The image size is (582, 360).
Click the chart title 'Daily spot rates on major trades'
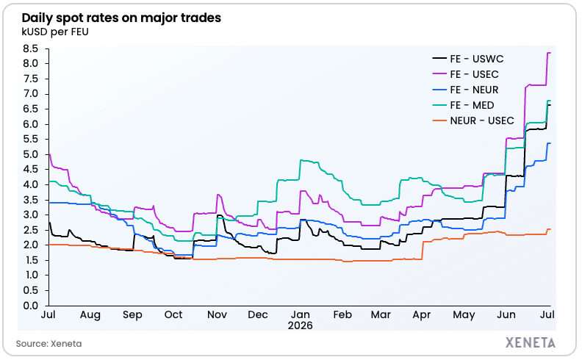[x=121, y=18]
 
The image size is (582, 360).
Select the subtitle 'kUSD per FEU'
[x=55, y=32]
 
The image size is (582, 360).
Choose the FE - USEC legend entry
[x=465, y=74]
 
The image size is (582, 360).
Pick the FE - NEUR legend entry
[x=465, y=90]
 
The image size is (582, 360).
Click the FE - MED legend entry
[x=463, y=105]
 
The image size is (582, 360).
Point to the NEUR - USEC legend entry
[x=473, y=121]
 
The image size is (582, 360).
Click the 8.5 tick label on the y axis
[x=30, y=48]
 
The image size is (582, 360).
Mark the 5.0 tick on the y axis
[x=30, y=154]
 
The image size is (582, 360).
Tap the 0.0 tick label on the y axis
[x=30, y=306]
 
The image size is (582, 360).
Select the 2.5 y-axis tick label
[x=30, y=230]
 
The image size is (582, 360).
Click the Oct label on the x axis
[x=173, y=314]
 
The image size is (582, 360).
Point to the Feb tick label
[x=342, y=314]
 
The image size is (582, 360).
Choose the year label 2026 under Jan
[x=301, y=326]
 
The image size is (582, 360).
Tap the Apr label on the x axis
[x=422, y=315]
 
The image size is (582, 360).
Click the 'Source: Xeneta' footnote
[x=48, y=344]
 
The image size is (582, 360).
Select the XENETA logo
[x=531, y=342]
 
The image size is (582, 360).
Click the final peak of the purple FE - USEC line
[x=549, y=53]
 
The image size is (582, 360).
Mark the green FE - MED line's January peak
[x=301, y=160]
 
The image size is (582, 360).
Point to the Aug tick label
[x=90, y=315]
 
